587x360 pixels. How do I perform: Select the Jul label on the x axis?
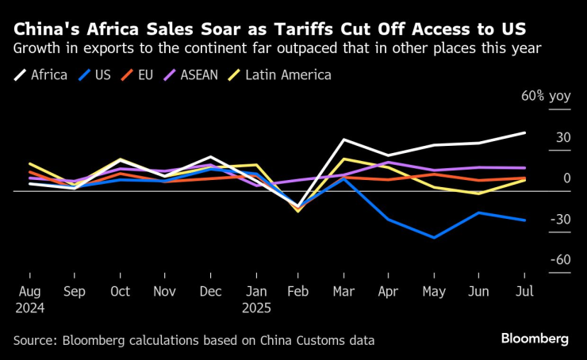[x=525, y=291]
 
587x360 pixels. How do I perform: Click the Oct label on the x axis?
[x=120, y=291]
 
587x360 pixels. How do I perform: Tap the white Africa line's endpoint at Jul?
[x=525, y=132]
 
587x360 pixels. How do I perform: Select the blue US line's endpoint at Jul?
[x=525, y=220]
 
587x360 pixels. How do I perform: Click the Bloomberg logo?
[x=535, y=339]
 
